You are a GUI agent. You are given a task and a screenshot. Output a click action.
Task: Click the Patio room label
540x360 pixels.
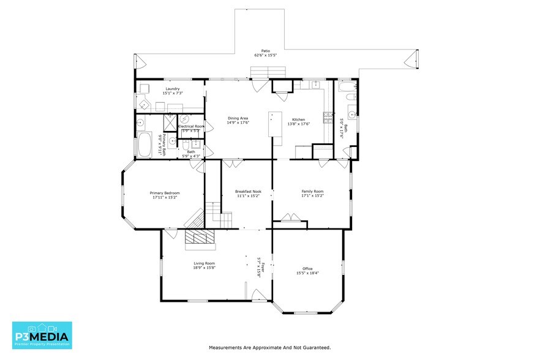[266, 51]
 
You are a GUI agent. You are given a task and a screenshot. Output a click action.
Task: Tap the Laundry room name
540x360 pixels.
[172, 89]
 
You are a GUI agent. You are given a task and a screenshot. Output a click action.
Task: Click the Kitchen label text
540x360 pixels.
[298, 119]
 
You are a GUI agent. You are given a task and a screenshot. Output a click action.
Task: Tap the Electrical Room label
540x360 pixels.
[190, 126]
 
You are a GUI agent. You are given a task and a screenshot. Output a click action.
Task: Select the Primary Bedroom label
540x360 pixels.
[165, 193]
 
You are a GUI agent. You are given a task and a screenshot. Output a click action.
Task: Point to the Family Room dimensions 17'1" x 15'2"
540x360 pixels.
[312, 196]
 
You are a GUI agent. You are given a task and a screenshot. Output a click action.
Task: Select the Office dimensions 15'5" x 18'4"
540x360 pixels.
[307, 272]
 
